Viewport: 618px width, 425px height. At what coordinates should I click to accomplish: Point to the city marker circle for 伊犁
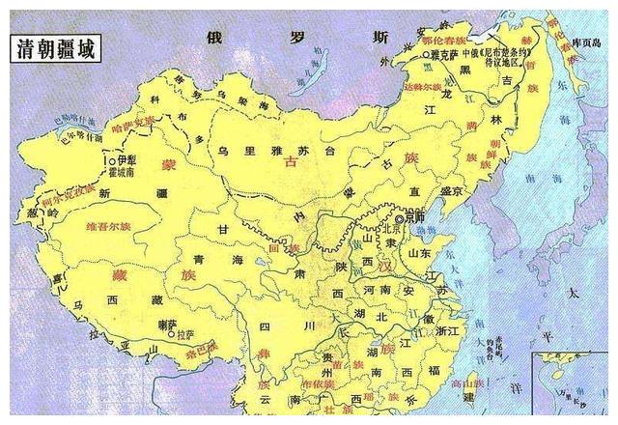113,161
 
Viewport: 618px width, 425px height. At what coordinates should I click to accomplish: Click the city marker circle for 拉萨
170,337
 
